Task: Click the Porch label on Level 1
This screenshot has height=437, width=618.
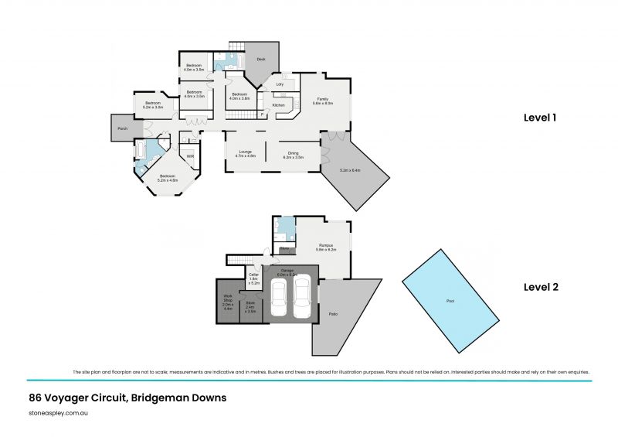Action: tap(122, 128)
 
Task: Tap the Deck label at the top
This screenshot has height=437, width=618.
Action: tap(261, 59)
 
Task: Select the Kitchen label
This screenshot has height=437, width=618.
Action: tap(279, 105)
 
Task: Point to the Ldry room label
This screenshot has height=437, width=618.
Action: tap(280, 84)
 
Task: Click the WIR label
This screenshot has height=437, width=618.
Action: tap(190, 156)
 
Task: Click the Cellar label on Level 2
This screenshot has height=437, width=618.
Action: tap(253, 276)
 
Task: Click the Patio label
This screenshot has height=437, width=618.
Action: tap(334, 314)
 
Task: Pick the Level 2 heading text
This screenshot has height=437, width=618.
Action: tap(540, 287)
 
